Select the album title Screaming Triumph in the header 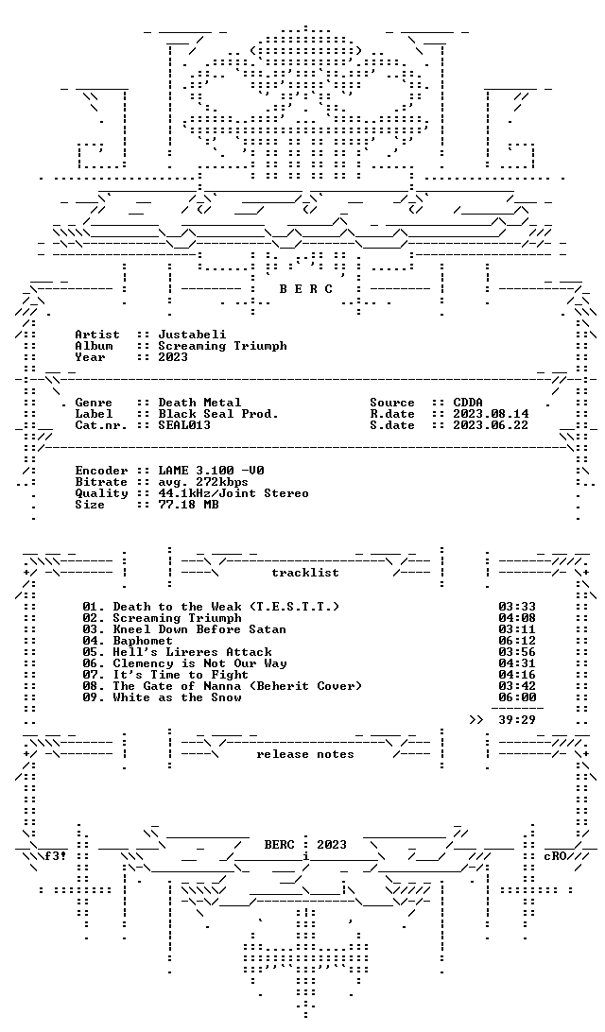pos(222,346)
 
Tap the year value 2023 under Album pos(173,356)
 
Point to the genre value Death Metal pos(199,403)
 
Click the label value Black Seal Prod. pos(218,414)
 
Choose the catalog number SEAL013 pos(184,425)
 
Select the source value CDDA pos(468,403)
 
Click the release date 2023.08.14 pos(491,414)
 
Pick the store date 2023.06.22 pos(491,425)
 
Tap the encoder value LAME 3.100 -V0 pos(211,471)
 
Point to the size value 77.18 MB pos(188,505)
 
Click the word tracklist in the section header pos(305,573)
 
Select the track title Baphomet pos(142,641)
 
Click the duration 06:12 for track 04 pos(517,641)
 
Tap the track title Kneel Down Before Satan pos(199,629)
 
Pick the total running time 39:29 pos(517,720)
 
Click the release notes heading pos(305,754)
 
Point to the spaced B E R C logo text pos(306,289)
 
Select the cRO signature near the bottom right pos(555,856)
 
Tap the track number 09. pos(90,697)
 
